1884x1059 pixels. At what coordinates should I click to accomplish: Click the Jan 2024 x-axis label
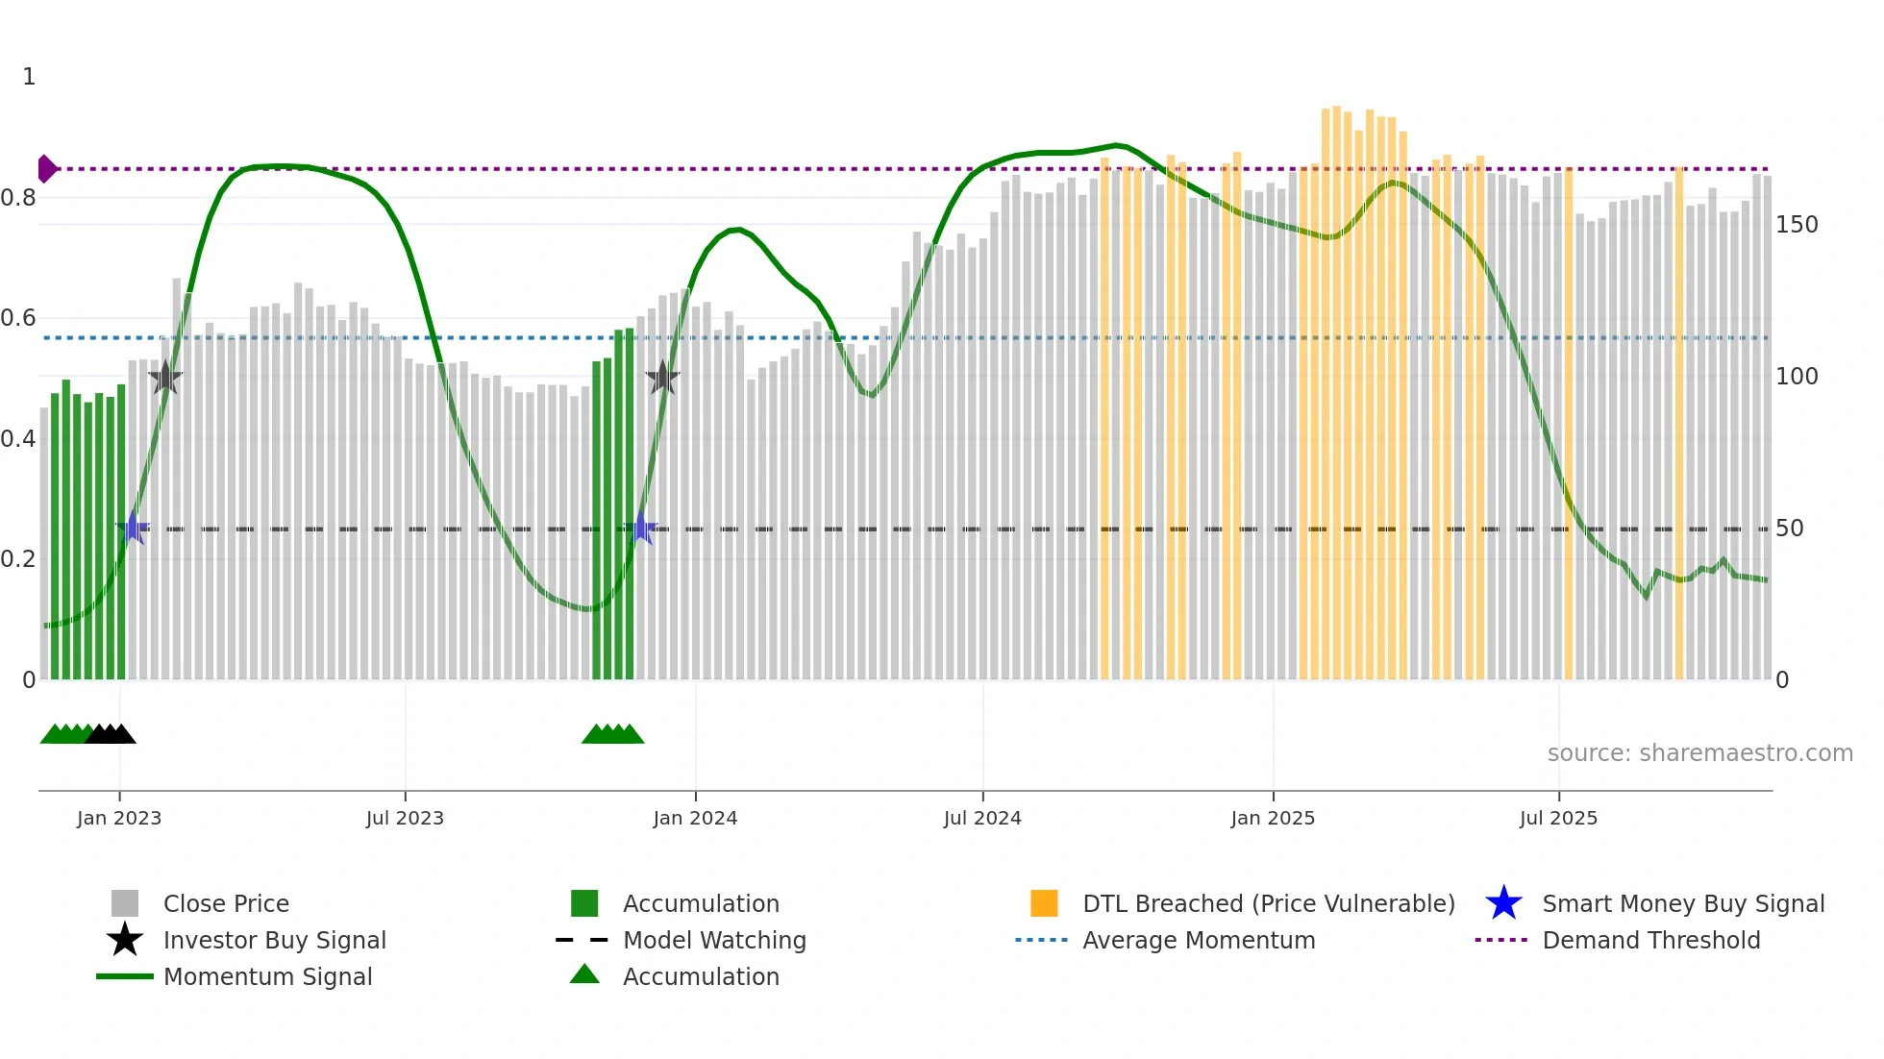pos(695,818)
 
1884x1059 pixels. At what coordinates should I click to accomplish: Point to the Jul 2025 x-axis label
pos(1558,818)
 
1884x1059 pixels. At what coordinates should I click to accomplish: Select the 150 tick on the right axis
pos(1797,225)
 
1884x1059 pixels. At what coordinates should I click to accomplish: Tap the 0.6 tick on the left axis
pos(18,318)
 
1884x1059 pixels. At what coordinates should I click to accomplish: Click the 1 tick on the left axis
pos(29,77)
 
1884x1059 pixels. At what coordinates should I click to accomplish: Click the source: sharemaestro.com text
pos(1699,753)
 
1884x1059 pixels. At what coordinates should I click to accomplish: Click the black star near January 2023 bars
pos(165,378)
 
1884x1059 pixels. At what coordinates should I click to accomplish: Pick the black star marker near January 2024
pos(662,378)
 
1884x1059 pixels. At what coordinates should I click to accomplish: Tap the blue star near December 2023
pos(641,529)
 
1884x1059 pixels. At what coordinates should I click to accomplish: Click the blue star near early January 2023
pos(133,528)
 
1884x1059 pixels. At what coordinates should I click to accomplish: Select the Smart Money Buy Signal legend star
pos(1503,903)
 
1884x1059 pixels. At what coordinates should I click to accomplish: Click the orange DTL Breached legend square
pos(1044,903)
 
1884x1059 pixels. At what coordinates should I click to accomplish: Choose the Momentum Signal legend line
pos(125,976)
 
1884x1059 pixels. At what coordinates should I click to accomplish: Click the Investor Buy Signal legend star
pos(125,940)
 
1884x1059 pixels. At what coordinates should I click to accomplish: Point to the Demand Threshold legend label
pos(1650,940)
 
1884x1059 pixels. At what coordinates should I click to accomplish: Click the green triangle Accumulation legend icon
pos(584,974)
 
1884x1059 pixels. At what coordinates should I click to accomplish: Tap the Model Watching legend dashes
pos(583,940)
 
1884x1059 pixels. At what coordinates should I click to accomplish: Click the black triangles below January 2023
pos(111,734)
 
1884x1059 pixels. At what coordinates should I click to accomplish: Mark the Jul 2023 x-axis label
pos(405,818)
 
